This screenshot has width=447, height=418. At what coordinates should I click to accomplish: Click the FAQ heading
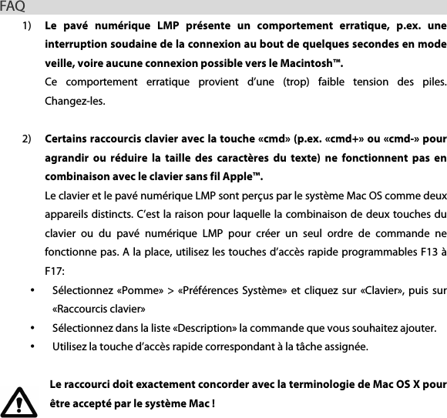coord(12,8)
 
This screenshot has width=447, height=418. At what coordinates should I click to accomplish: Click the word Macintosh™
coord(311,63)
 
